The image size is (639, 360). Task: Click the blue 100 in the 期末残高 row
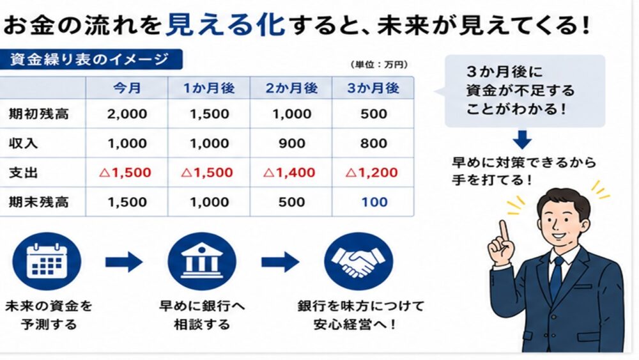pos(374,202)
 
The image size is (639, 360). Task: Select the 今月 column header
pos(127,88)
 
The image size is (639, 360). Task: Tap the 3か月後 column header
pos(373,88)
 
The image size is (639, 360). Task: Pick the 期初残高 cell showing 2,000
pos(127,114)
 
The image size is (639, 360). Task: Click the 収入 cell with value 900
pos(291,143)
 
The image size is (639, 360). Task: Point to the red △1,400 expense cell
pos(289,173)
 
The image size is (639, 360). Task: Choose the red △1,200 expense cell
pos(372,173)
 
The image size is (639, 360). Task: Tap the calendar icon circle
pos(47,262)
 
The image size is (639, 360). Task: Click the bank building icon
pos(202,262)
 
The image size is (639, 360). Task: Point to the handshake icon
pos(358,262)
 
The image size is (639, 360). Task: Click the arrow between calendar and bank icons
pos(124,262)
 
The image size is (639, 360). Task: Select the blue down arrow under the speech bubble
pos(522,140)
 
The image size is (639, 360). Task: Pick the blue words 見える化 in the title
pos(226,24)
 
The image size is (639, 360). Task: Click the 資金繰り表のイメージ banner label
pos(89,59)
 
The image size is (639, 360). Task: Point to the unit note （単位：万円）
pos(379,65)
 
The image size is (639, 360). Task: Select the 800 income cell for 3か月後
pos(374,143)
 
